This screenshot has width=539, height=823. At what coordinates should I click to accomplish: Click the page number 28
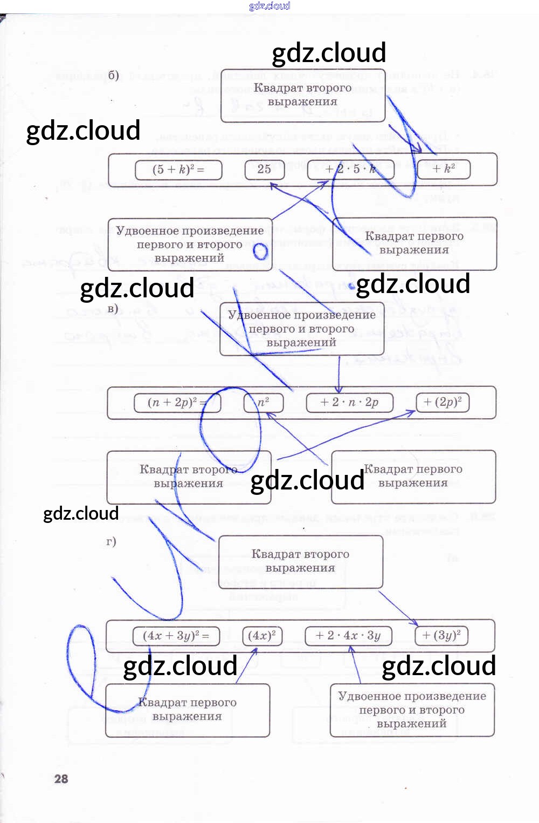(61, 778)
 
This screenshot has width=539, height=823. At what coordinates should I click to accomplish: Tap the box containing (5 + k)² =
(178, 169)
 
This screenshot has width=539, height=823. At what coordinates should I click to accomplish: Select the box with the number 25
(264, 169)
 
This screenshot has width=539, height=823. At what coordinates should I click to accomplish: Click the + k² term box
(444, 168)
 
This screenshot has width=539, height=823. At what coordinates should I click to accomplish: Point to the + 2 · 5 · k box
(350, 169)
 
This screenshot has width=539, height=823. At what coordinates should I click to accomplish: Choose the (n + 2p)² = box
(177, 402)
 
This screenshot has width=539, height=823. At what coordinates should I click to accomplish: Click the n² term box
(263, 402)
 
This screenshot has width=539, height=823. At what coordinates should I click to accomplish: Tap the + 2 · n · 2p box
(349, 402)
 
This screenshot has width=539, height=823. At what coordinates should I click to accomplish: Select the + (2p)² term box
(443, 402)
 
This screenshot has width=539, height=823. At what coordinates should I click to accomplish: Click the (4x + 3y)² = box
(176, 635)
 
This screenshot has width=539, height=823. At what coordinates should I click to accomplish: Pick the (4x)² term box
(262, 635)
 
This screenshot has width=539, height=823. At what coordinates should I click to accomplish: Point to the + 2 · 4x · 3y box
(348, 635)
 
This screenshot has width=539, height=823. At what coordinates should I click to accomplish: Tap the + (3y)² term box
(441, 635)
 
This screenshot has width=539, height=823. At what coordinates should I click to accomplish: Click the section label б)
(113, 74)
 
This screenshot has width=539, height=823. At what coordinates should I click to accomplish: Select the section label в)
(113, 309)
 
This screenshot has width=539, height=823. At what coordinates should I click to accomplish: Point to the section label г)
(111, 541)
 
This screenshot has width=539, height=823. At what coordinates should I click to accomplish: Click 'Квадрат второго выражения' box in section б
(303, 95)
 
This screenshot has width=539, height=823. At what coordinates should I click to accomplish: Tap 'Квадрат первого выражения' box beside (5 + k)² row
(414, 243)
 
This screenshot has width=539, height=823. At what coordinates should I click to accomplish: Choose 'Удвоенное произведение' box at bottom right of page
(412, 710)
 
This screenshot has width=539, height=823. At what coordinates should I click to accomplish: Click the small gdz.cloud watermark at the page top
(269, 6)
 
